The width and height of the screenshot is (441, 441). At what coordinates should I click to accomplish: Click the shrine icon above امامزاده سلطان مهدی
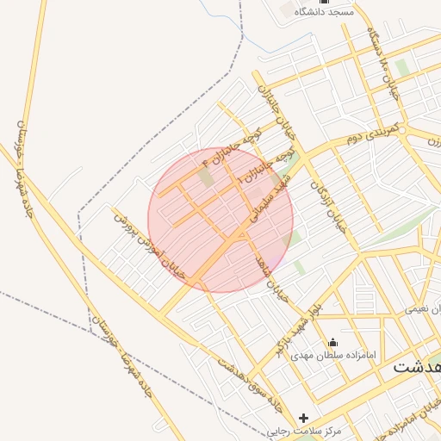click(333, 341)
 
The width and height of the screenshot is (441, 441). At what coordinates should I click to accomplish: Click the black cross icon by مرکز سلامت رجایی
click(303, 418)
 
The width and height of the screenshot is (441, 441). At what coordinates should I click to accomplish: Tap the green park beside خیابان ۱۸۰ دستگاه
click(402, 68)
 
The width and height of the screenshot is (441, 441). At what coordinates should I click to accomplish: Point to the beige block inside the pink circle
click(205, 177)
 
